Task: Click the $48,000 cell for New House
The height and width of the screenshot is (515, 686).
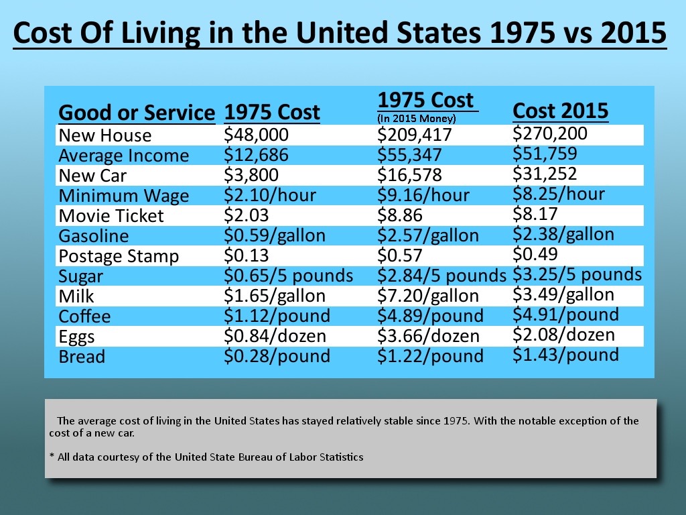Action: click(x=257, y=135)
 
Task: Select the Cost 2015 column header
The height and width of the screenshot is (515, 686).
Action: click(x=560, y=111)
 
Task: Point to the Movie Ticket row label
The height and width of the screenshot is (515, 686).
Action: click(x=111, y=216)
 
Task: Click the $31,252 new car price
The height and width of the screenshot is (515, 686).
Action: click(x=545, y=174)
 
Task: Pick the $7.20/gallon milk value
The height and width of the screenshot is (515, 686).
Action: click(x=428, y=296)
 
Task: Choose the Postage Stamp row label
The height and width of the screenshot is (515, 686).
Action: click(x=119, y=256)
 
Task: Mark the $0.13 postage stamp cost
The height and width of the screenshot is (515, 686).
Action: click(x=243, y=255)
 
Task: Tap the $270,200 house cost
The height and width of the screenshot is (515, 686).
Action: click(x=549, y=133)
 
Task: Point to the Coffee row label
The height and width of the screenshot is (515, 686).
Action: click(x=84, y=317)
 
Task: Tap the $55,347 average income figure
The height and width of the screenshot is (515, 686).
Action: click(x=409, y=155)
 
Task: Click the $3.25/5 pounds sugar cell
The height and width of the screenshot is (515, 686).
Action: click(x=577, y=274)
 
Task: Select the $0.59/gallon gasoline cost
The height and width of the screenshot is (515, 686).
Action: click(x=274, y=235)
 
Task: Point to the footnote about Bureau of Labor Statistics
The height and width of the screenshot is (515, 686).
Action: click(x=206, y=457)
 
